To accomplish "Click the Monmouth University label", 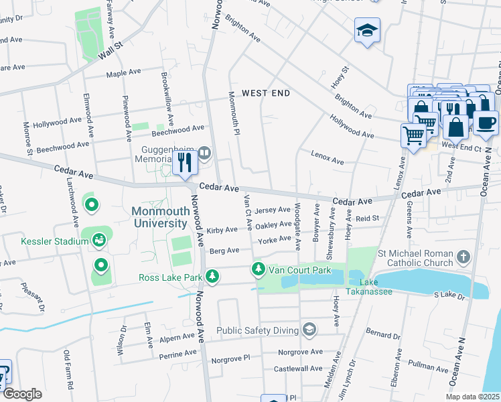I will click(x=160, y=216).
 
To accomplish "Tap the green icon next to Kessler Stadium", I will click(x=99, y=240).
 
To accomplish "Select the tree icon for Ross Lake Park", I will click(x=212, y=276).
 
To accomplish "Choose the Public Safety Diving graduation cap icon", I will click(x=309, y=328).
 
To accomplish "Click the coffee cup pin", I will click(x=486, y=121).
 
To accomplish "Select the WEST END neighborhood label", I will click(x=266, y=93).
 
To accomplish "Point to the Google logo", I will click(x=22, y=394).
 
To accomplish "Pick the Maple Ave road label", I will click(x=123, y=72).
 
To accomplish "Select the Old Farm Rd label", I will click(x=67, y=371).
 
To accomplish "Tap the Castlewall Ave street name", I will click(x=297, y=368).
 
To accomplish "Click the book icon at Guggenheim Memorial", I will click(x=205, y=153).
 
